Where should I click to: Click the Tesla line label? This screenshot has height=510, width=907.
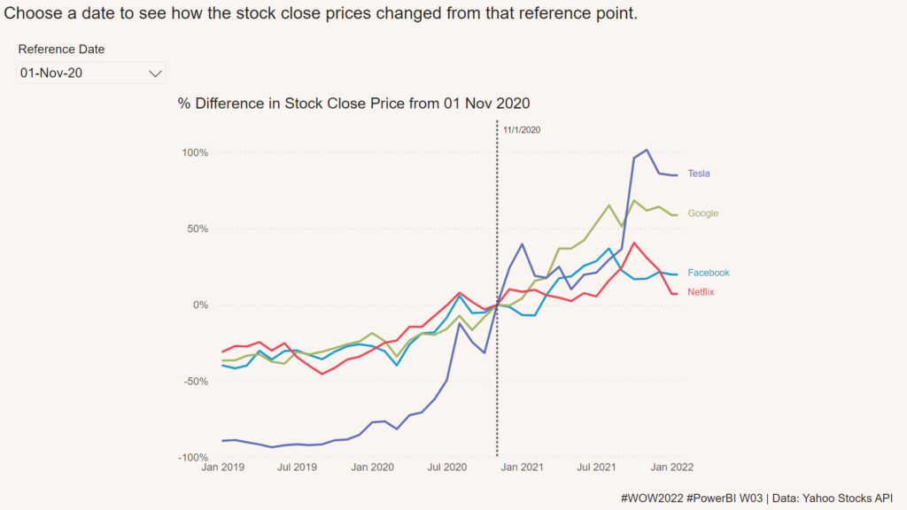(x=699, y=174)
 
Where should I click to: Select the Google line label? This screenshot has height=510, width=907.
(x=702, y=213)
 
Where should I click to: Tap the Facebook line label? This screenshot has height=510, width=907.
(x=709, y=273)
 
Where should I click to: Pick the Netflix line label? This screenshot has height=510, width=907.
(x=701, y=292)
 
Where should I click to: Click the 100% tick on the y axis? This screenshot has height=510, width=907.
(x=195, y=153)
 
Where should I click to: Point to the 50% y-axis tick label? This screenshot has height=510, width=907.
(x=198, y=229)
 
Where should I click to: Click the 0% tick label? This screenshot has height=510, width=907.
(x=200, y=305)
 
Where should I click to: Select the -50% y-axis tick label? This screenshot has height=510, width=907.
(x=196, y=382)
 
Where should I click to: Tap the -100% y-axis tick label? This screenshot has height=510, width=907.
(x=194, y=458)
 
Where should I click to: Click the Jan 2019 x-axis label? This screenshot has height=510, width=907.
(x=223, y=467)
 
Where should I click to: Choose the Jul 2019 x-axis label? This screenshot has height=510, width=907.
(x=298, y=467)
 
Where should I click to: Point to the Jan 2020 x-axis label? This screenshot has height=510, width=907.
(x=373, y=467)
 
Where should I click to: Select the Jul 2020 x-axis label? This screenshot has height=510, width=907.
(x=447, y=467)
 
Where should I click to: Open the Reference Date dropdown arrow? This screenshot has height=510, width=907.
(x=155, y=73)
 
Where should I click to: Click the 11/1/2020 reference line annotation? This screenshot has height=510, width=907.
(x=522, y=130)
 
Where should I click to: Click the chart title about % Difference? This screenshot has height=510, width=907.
(x=353, y=104)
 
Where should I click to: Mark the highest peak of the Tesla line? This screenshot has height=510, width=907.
(x=647, y=150)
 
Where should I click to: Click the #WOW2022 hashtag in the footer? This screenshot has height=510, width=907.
(x=652, y=498)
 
